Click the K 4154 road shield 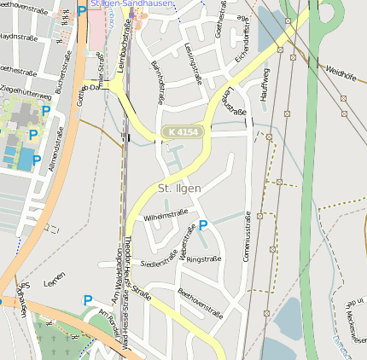point(183,132)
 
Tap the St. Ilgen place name point(178,188)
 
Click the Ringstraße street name point(203,258)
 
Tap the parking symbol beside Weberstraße point(202,226)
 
